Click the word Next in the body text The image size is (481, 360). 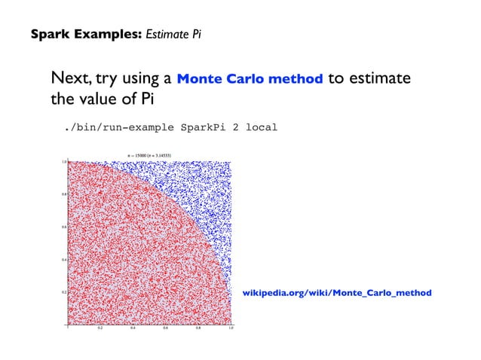(x=68, y=79)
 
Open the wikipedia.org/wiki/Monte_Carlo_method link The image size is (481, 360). (x=336, y=291)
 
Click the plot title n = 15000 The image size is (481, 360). (x=149, y=155)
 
